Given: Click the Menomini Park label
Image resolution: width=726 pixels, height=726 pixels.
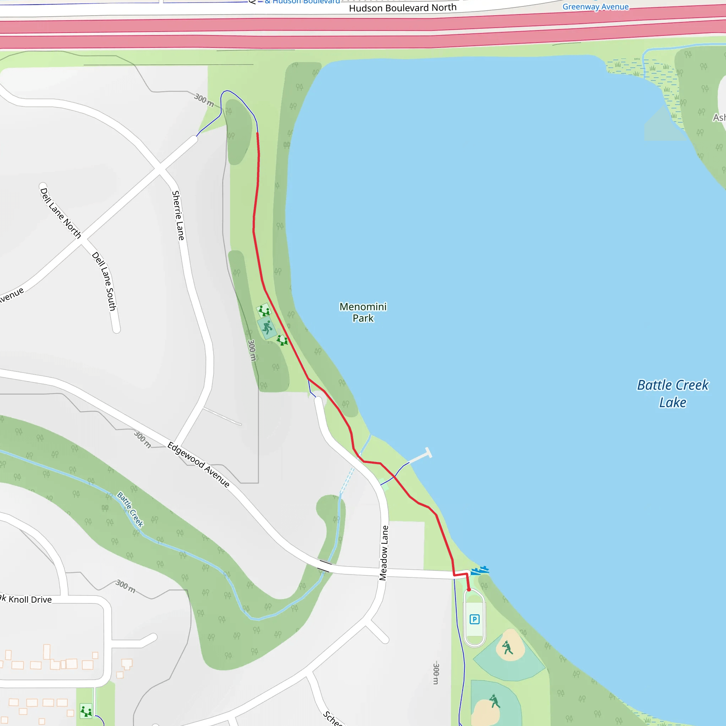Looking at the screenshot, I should click(363, 312).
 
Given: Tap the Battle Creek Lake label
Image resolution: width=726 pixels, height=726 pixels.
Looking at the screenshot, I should click(672, 393).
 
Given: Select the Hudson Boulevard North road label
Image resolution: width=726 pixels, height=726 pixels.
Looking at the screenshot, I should click(402, 8).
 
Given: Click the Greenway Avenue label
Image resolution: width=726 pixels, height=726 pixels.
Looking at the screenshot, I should click(595, 6).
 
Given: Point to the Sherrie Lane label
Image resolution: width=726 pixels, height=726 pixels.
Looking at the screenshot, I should click(178, 216).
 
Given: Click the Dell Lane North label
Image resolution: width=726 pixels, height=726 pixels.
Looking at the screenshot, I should click(61, 213).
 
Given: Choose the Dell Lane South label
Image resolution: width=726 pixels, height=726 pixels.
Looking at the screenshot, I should click(104, 281).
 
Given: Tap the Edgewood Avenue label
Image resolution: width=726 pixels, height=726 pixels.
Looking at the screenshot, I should click(199, 464).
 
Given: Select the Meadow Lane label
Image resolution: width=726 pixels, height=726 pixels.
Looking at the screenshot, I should click(384, 553).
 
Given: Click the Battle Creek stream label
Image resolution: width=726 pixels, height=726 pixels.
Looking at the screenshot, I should click(130, 509).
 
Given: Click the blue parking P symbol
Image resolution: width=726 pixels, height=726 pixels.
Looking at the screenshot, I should click(475, 619).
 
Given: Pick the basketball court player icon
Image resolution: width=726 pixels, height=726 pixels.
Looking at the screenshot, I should click(267, 327).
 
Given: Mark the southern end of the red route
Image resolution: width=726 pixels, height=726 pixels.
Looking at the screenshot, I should click(469, 590).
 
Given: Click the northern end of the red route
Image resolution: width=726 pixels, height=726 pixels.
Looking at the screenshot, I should click(257, 133).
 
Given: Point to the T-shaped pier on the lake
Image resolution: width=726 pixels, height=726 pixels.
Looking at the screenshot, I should click(428, 453).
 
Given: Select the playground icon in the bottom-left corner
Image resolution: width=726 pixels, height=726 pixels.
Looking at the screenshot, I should click(86, 711).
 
